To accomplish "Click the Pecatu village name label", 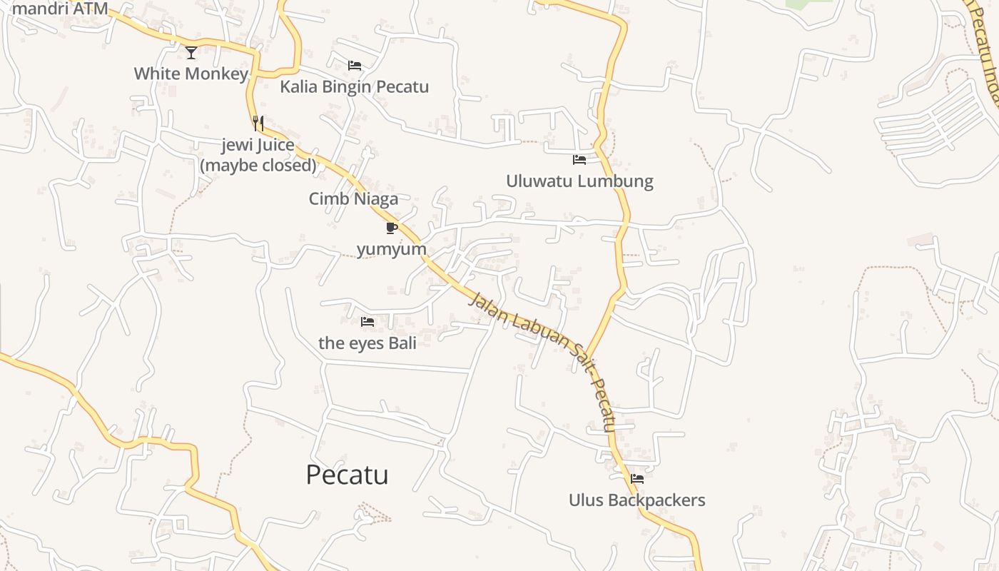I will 347,475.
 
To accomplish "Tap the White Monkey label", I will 191,74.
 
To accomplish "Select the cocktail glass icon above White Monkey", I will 191,52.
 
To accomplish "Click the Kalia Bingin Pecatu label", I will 354,87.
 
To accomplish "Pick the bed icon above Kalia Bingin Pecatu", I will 354,66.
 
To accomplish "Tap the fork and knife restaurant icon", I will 258,123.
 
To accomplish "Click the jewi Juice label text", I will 258,146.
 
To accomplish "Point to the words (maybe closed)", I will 258,166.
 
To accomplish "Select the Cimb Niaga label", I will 353,199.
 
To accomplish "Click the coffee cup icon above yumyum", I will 391,228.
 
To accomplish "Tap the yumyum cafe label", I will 391,249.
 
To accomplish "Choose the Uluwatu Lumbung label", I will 579,181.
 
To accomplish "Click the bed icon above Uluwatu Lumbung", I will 579,160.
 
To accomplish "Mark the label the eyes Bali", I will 367,343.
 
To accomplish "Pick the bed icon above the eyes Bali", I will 367,322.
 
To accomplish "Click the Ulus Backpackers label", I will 637,500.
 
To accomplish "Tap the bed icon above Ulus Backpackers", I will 637,479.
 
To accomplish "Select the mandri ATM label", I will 60,9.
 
